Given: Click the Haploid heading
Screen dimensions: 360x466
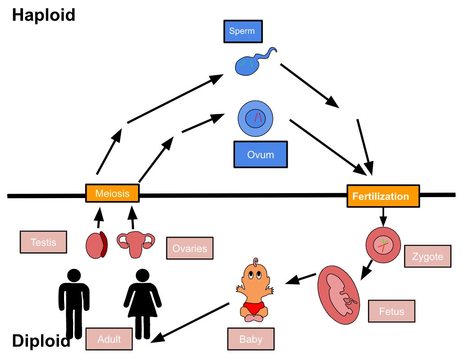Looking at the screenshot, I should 43,15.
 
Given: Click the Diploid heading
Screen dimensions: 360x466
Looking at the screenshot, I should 41,341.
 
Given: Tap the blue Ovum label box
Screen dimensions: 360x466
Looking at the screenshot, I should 260,155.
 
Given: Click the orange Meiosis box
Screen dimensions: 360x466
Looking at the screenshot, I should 112,194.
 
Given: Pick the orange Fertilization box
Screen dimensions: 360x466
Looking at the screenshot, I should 383,196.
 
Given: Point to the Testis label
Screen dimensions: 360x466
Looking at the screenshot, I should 44,242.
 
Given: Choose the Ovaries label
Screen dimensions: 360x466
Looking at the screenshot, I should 189,249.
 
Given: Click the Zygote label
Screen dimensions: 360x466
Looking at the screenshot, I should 428,257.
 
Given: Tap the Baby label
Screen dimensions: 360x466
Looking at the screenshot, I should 250,339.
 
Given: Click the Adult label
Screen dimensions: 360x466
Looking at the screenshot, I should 109,339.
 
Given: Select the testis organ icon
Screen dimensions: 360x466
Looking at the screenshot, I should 97,245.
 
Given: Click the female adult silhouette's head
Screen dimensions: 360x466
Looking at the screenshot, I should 142,275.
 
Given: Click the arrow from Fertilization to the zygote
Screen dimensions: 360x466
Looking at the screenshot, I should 383,217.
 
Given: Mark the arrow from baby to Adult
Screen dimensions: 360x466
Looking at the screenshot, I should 194,322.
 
